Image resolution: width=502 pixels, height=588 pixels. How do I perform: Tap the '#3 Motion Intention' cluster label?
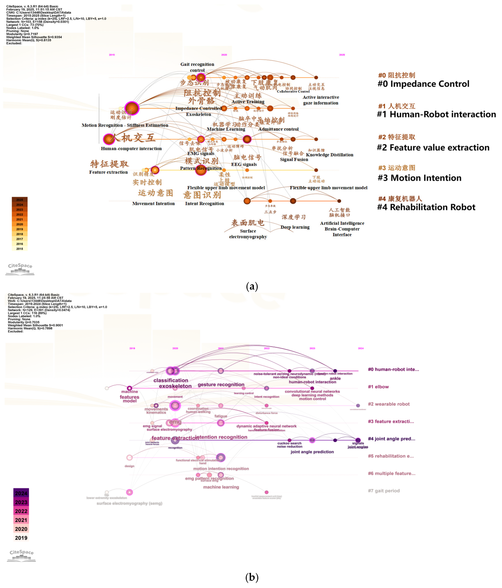pos(419,178)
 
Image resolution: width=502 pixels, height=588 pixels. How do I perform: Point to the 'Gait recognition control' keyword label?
pos(197,67)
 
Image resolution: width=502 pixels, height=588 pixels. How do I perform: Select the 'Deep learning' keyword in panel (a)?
pos(295,227)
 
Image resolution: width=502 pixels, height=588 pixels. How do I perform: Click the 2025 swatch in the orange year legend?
pos(20,199)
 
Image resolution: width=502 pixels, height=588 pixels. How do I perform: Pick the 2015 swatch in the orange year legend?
pos(20,249)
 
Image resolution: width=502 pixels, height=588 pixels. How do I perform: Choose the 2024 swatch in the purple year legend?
pos(21,493)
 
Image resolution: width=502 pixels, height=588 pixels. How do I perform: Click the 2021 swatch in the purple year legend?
pos(21,520)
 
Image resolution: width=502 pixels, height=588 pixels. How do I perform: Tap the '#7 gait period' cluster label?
pos(384,491)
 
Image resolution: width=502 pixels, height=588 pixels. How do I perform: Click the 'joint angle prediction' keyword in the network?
pos(312,452)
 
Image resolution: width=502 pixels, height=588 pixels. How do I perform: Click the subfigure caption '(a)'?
pos(252,286)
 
